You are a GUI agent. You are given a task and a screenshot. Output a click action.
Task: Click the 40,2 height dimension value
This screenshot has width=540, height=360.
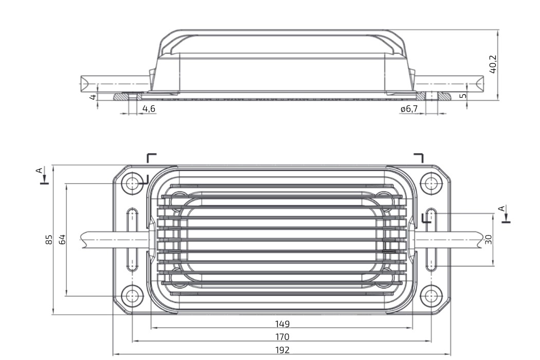493,64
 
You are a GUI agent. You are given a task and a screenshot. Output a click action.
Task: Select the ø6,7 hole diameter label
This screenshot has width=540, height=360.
409,109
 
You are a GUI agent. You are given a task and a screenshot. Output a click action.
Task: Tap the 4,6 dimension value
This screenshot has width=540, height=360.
149,109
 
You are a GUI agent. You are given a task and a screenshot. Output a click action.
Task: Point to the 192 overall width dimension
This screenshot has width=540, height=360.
282,350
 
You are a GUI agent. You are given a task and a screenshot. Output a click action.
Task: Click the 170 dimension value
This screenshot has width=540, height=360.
282,337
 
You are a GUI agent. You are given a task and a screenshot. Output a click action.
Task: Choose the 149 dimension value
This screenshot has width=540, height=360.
282,324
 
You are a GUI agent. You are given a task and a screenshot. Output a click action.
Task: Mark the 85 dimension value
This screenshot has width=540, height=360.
49,240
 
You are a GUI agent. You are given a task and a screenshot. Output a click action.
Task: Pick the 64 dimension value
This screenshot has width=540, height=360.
62,240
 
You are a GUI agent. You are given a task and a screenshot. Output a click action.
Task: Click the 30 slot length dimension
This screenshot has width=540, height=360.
489,240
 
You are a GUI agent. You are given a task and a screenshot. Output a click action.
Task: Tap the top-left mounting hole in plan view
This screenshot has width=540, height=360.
132,183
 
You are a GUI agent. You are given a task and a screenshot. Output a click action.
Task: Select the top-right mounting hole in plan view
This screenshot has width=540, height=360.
431,183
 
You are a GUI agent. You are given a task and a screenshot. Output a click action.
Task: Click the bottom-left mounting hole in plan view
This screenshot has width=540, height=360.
132,296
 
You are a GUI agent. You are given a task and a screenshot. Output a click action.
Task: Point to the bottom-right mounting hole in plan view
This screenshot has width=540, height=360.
431,296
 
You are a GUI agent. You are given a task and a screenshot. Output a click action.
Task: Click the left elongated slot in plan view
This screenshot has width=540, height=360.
132,240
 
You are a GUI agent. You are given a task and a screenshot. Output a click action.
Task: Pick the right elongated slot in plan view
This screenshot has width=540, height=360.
431,240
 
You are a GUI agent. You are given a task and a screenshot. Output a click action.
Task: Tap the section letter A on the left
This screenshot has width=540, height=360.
40,170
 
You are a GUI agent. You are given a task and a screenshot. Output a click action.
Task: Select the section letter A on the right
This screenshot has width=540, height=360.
502,208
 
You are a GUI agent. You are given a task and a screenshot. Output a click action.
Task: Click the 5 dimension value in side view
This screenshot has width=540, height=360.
463,96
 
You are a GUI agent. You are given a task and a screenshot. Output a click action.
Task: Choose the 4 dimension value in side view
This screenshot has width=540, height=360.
93,97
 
